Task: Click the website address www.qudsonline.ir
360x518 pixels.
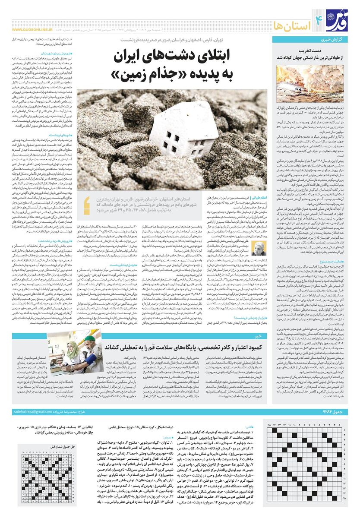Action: [32, 30]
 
